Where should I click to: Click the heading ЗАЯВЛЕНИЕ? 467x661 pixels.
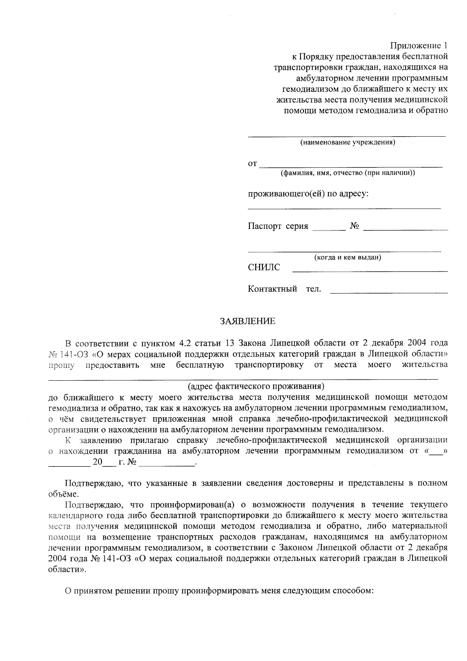248,322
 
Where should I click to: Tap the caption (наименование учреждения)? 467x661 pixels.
348,142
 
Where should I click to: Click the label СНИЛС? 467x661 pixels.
264,267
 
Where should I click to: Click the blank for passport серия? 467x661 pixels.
329,229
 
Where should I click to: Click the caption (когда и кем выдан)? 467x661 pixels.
348,257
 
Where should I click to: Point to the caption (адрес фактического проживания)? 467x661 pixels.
256,386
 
